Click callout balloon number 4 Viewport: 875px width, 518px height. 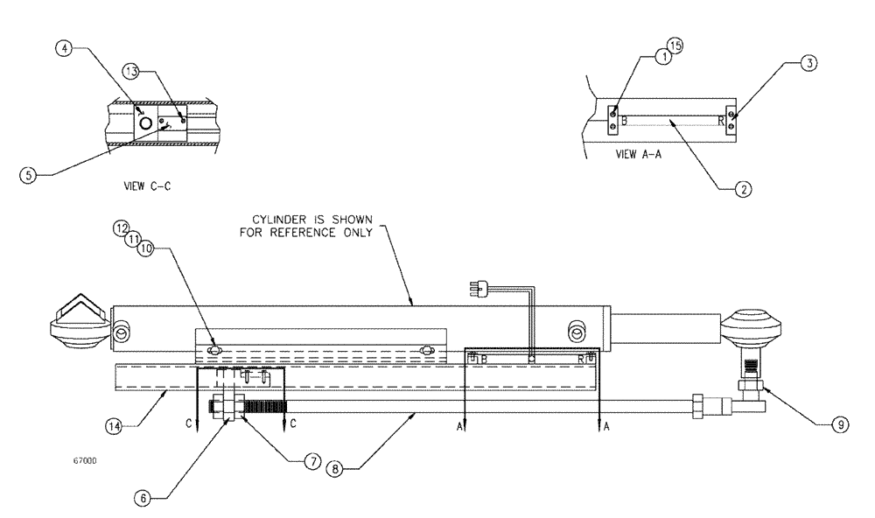[64, 49]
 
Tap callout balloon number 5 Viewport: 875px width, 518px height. [30, 173]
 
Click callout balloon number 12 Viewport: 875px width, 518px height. [123, 228]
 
